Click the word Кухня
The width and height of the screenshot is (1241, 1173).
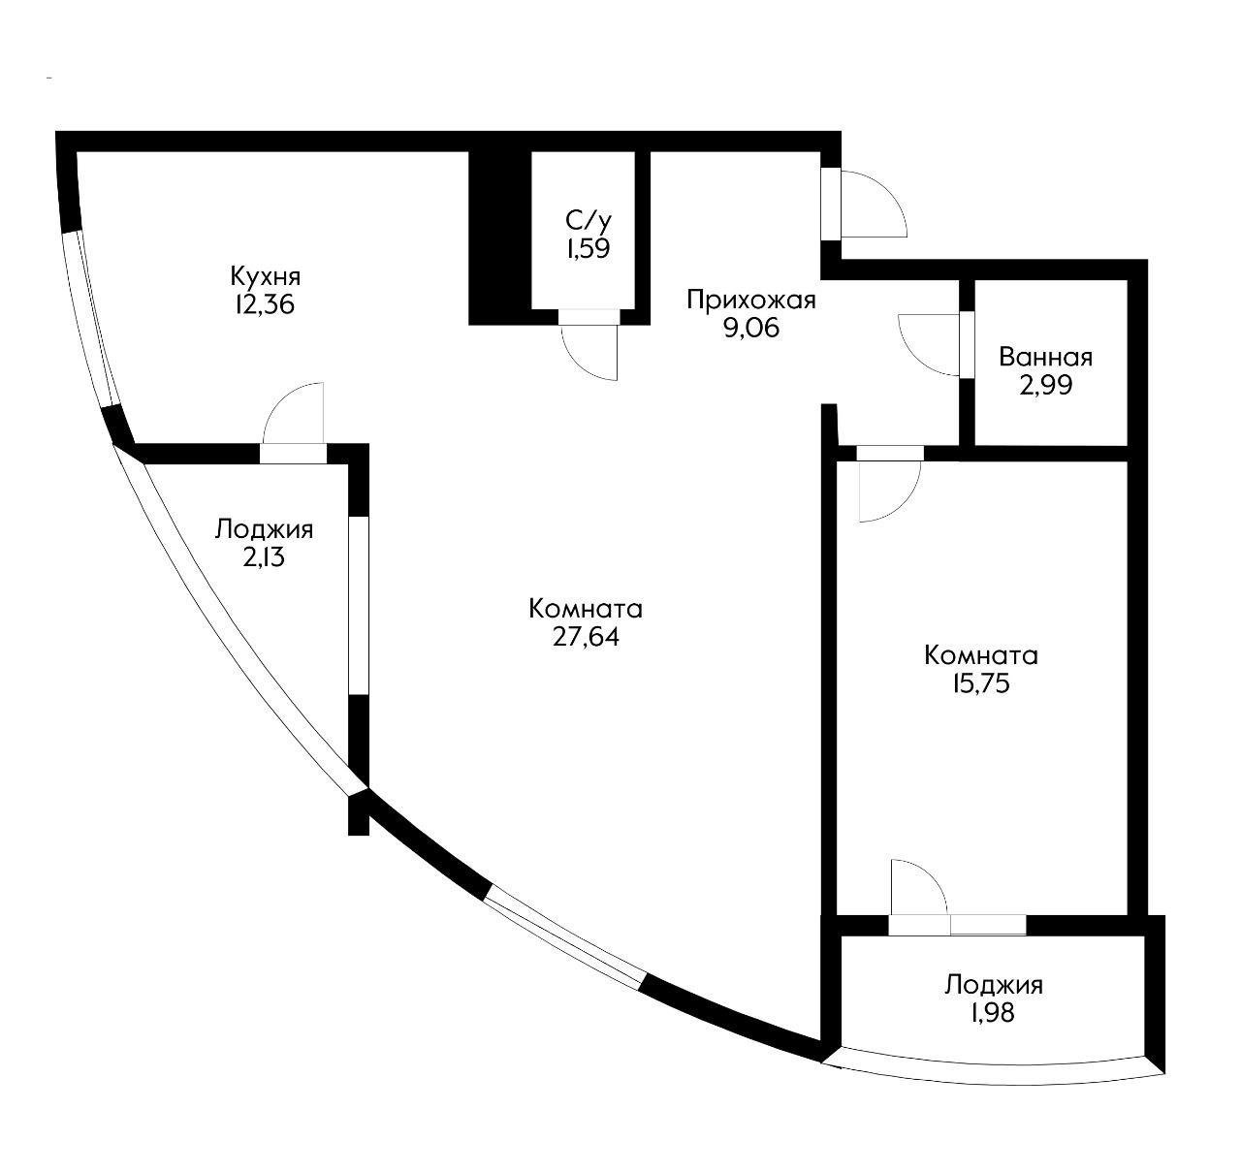[x=265, y=274]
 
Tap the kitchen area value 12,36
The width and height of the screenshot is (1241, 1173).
[x=263, y=304]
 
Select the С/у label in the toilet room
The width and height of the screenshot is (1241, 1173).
[x=587, y=219]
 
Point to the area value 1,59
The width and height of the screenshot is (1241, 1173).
[x=588, y=248]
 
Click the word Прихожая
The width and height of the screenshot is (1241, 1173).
[x=750, y=300]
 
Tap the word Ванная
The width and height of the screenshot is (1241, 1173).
[x=1045, y=357]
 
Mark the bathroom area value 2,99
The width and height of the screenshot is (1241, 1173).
[x=1045, y=385]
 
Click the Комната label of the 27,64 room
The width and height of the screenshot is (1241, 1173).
[x=586, y=609]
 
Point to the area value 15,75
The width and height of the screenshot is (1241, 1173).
[x=981, y=683]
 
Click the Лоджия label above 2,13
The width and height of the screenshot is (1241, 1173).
[x=264, y=529]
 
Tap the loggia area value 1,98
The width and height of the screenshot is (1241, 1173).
[x=994, y=1014]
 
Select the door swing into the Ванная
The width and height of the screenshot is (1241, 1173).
[x=932, y=344]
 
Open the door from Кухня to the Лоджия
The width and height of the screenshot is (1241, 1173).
[x=293, y=414]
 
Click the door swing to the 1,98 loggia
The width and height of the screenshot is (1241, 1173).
[x=916, y=887]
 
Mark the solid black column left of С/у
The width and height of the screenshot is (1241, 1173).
[x=498, y=238]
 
